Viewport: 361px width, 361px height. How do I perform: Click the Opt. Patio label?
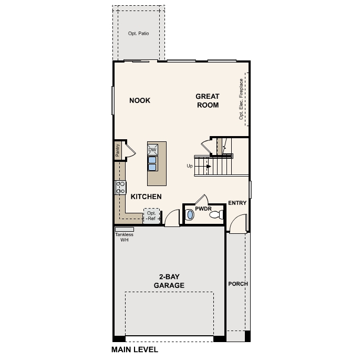pos(139,34)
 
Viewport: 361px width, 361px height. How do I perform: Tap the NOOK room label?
pos(140,100)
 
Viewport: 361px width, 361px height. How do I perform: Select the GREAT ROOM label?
pos(208,100)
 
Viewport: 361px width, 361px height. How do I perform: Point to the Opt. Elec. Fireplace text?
pos(241,99)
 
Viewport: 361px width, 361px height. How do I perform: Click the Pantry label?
pos(118,150)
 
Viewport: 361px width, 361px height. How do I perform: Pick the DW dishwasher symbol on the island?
pos(152,150)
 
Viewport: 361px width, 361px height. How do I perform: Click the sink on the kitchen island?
pos(152,163)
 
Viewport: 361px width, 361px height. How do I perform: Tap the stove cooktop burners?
pos(120,187)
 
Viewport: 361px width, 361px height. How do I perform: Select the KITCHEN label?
pos(146,197)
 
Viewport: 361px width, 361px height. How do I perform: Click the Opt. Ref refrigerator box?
pos(151,216)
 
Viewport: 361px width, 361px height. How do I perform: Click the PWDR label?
pos(203,208)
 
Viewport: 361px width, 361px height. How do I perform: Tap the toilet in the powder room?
pos(190,215)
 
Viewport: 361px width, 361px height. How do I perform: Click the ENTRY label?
pos(237,203)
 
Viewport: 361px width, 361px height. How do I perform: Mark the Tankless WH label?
pos(125,237)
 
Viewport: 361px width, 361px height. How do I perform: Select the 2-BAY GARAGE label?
pos(169,281)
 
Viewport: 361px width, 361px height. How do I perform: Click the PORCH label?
pos(238,284)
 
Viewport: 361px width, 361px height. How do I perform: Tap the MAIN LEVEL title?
pos(135,349)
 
